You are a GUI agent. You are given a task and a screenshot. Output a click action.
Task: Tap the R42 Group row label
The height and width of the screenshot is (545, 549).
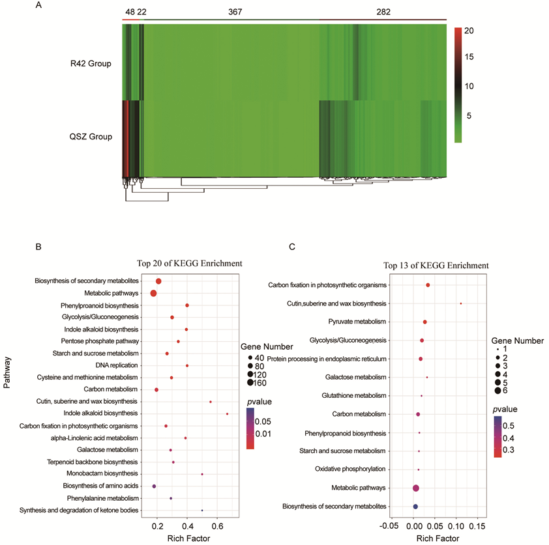(91, 64)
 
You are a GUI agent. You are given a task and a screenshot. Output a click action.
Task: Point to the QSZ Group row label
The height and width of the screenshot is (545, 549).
(91, 137)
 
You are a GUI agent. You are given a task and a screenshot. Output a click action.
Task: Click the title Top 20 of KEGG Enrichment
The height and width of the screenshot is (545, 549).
(190, 264)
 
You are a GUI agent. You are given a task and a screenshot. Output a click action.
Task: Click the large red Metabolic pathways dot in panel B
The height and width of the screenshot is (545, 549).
(154, 294)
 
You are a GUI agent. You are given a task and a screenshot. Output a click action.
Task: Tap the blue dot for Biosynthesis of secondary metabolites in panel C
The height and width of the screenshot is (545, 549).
(415, 507)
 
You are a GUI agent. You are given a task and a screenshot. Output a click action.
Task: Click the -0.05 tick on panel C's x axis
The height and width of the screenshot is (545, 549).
(390, 525)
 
